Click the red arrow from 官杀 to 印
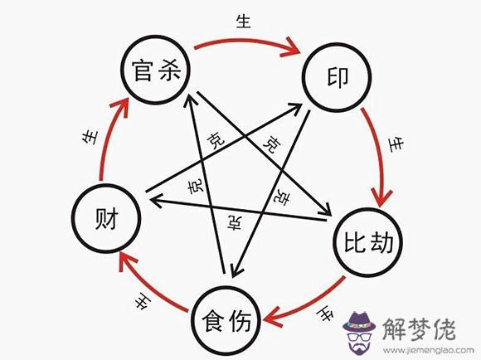245,40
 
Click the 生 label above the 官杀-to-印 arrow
244,22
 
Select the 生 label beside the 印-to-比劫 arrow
396,144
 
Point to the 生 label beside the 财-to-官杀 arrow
90,138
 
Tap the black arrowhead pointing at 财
156,201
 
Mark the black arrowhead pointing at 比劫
326,210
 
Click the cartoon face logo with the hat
359,333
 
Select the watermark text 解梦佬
419,329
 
